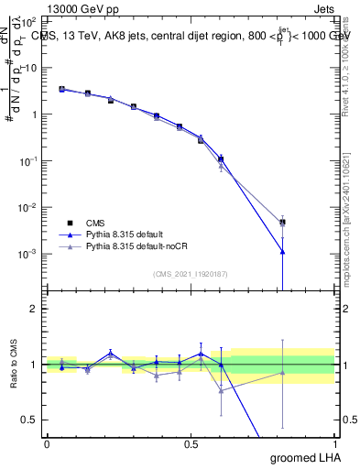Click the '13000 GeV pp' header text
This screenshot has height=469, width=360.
coord(82,7)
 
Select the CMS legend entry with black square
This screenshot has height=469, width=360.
coord(93,223)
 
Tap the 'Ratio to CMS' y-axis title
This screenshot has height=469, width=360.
coord(14,364)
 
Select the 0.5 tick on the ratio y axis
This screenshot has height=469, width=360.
coord(30,420)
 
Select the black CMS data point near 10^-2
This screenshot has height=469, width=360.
coord(283,222)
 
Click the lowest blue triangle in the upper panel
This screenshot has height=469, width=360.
coord(283,251)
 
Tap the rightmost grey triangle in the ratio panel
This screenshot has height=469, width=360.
coord(283,372)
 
